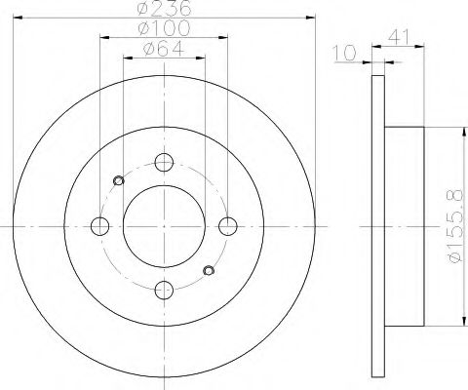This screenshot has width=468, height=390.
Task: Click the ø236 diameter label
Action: pyautogui.click(x=164, y=8)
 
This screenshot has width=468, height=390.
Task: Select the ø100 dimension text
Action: pyautogui.click(x=164, y=28)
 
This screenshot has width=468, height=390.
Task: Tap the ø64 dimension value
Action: pyautogui.click(x=164, y=49)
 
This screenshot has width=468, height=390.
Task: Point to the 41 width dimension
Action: pyautogui.click(x=399, y=37)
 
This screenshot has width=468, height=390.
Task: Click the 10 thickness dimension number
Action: pyautogui.click(x=345, y=54)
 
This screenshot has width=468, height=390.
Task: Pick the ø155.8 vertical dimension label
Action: pyautogui.click(x=454, y=227)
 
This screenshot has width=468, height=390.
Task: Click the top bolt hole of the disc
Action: pyautogui.click(x=164, y=163)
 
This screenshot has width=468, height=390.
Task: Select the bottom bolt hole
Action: pyautogui.click(x=164, y=290)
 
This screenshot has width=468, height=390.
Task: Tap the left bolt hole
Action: pyautogui.click(x=100, y=226)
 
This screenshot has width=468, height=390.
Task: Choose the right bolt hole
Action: pyautogui.click(x=228, y=226)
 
